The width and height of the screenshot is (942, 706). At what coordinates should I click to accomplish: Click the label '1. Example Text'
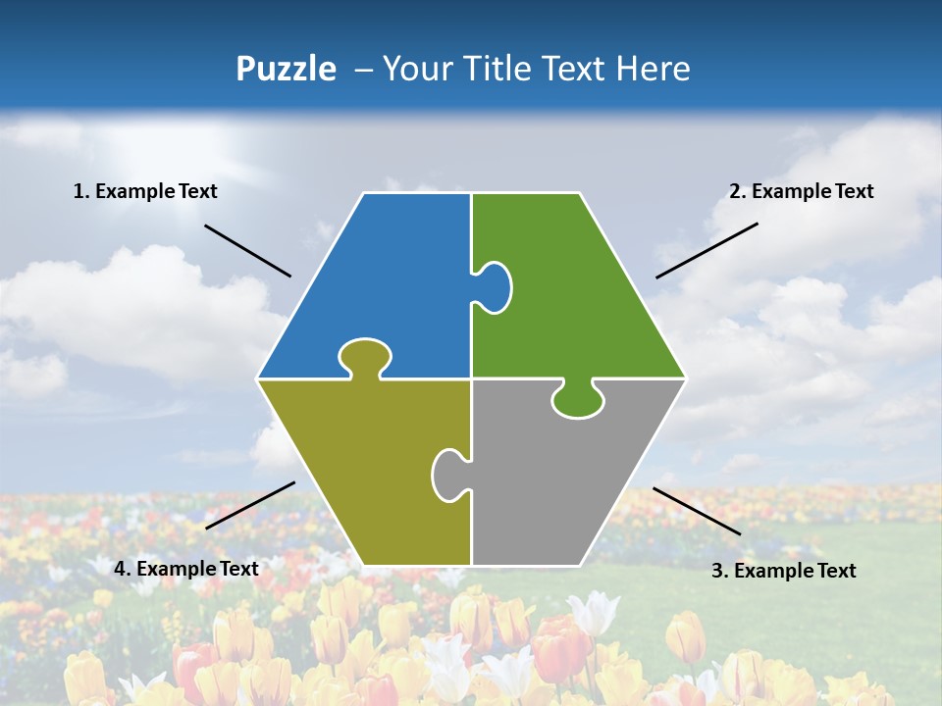(x=145, y=191)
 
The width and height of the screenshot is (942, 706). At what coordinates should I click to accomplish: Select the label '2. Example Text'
(x=801, y=191)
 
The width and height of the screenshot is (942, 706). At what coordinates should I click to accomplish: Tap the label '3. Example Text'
(x=783, y=571)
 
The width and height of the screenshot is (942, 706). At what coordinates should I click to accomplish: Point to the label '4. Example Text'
(x=185, y=569)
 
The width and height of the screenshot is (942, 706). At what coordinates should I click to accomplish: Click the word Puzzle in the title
(x=286, y=69)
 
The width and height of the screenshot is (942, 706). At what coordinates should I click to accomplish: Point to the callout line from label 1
(x=247, y=250)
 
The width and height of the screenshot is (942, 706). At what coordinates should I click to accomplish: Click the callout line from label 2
(x=706, y=250)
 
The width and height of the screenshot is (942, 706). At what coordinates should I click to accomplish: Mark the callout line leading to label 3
(x=697, y=511)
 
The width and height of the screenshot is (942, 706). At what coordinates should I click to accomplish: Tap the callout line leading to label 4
(x=250, y=505)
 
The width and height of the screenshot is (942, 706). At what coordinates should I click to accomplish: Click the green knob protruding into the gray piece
(x=578, y=400)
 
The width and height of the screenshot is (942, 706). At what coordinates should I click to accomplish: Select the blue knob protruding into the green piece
(x=495, y=285)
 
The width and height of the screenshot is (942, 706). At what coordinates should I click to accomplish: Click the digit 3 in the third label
(x=716, y=571)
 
